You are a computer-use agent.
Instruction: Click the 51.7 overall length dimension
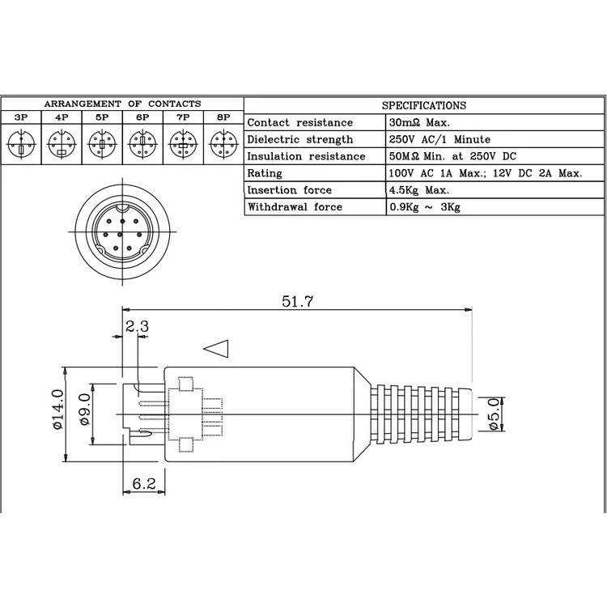pos(297,301)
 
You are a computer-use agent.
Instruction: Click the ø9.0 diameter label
pos(83,415)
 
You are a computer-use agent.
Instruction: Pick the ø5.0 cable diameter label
pos(495,414)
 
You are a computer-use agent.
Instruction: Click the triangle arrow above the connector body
pos(216,348)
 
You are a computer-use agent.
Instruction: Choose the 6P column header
pos(142,117)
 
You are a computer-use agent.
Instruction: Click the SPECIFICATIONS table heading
pos(423,105)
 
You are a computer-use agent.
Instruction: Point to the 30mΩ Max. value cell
pos(419,122)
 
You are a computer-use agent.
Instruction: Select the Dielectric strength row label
pos(299,139)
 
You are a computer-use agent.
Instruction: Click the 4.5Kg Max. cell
pos(419,190)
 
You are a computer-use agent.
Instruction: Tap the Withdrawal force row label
pos(295,207)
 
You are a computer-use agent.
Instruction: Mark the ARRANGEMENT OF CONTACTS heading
pos(122,104)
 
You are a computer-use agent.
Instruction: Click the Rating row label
pos(265,173)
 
